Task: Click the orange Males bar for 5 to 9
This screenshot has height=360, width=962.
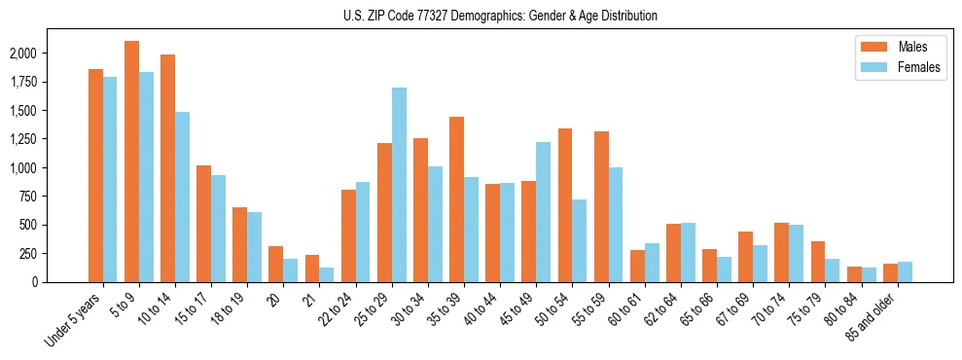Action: pyautogui.click(x=132, y=162)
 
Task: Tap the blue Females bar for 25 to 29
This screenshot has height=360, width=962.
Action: pyautogui.click(x=399, y=185)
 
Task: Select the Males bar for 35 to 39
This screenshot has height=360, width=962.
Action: pyautogui.click(x=456, y=199)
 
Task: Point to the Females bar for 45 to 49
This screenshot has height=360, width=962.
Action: pyautogui.click(x=543, y=212)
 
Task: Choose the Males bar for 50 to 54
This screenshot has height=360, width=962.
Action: pyautogui.click(x=565, y=205)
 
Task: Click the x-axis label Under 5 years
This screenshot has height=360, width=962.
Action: pyautogui.click(x=74, y=320)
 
